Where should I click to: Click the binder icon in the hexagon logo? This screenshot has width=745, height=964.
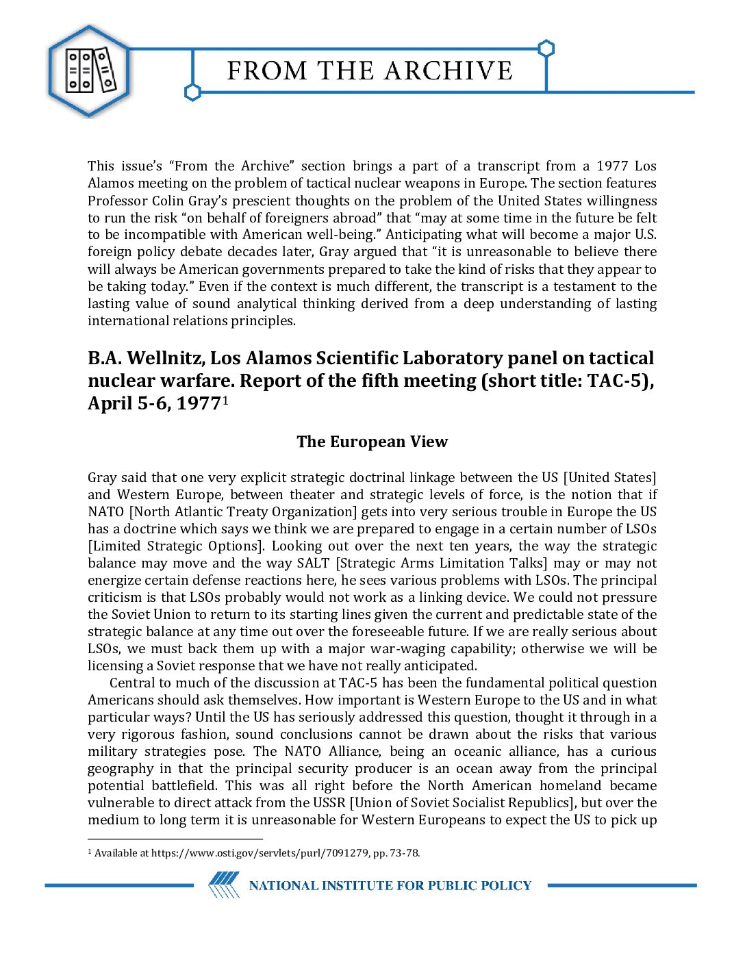(90, 71)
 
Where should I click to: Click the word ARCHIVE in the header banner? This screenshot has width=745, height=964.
(449, 71)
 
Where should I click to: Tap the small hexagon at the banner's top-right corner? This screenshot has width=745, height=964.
(546, 49)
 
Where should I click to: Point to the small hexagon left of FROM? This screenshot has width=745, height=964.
(193, 92)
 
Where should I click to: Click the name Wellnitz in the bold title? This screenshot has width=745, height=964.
(166, 358)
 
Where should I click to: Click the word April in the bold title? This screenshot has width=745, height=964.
(110, 403)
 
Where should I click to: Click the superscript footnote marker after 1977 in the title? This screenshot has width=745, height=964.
(225, 399)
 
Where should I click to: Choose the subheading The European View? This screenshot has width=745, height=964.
(372, 442)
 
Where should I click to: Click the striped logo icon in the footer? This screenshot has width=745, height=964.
(224, 885)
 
